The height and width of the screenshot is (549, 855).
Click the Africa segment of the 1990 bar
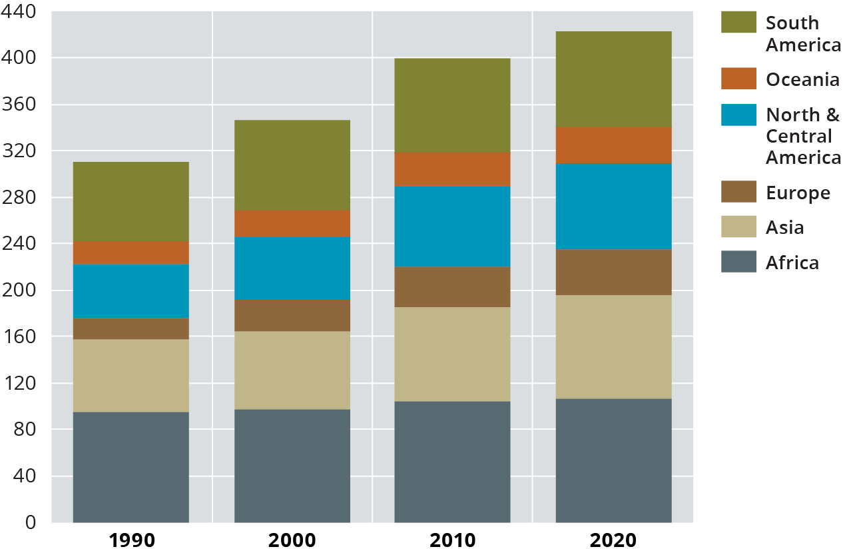pos(131,466)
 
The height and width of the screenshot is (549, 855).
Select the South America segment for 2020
pos(613,79)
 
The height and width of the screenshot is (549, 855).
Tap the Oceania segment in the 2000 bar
pos(292,223)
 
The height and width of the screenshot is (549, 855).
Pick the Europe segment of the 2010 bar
pos(452,286)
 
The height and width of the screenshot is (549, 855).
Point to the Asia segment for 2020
pos(613,346)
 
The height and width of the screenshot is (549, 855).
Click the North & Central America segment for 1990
pos(131,290)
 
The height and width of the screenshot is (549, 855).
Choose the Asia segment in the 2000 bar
pos(292,370)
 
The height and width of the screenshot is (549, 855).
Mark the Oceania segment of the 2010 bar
pos(452,169)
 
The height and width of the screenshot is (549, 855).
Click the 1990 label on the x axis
pos(131,539)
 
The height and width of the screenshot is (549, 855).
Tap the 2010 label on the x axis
pos(452,539)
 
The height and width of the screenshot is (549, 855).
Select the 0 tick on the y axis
pos(31,522)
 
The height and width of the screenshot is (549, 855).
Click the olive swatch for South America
pos(738,22)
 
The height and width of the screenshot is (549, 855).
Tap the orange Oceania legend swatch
pos(738,79)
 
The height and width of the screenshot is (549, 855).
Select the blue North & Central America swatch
pos(738,115)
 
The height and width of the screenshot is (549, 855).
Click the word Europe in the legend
pos(798,193)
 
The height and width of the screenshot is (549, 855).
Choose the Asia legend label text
pos(784,228)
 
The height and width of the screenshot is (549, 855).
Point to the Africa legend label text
pos(792,263)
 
